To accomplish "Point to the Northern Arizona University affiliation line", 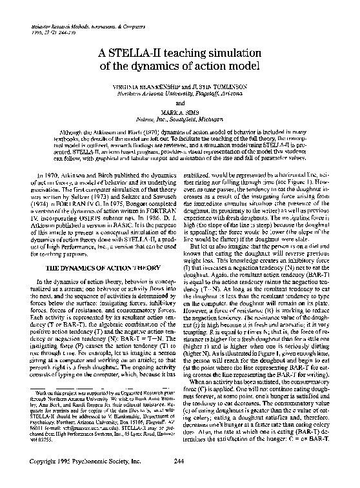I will tap(179, 93).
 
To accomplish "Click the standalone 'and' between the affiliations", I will tap(179, 103).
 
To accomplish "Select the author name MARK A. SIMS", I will tap(179, 113).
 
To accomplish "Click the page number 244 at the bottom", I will tap(179, 478).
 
